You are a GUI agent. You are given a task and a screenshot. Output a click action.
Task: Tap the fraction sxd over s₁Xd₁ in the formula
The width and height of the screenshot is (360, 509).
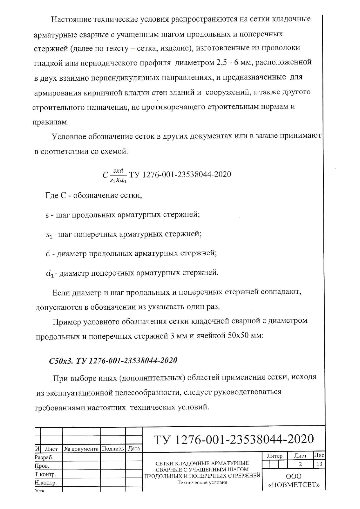(x=118, y=175)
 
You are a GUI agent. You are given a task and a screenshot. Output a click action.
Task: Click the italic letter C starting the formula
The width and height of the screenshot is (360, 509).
(x=105, y=175)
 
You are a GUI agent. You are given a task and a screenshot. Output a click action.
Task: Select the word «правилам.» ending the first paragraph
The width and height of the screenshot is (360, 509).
(x=51, y=122)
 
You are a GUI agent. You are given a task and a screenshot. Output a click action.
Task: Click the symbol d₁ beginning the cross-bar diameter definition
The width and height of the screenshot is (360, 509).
(x=50, y=273)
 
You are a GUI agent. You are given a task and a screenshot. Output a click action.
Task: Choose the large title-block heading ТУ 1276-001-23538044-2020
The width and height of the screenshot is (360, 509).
(x=233, y=439)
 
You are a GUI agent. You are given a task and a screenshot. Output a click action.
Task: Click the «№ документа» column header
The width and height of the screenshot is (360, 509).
(x=81, y=449)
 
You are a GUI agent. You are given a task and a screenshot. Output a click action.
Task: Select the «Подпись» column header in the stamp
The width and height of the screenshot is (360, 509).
(x=113, y=449)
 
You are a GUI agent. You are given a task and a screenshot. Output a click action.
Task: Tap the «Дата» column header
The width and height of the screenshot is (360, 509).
(x=134, y=449)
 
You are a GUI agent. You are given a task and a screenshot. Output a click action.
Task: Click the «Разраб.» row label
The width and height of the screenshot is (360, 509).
(x=44, y=458)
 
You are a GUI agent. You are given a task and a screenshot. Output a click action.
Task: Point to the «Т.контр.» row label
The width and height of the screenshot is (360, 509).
(x=45, y=474)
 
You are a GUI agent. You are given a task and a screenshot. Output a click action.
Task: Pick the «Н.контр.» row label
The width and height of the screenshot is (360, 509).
(x=46, y=483)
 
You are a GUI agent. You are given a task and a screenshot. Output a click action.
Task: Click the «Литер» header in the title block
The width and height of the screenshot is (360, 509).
(x=274, y=456)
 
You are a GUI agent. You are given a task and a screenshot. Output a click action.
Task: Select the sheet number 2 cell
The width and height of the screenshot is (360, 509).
(x=300, y=464)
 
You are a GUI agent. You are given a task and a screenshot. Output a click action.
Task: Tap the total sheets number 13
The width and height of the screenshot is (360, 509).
(x=319, y=464)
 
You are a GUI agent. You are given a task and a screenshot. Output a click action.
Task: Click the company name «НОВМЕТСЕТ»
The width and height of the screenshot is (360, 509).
(x=294, y=485)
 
